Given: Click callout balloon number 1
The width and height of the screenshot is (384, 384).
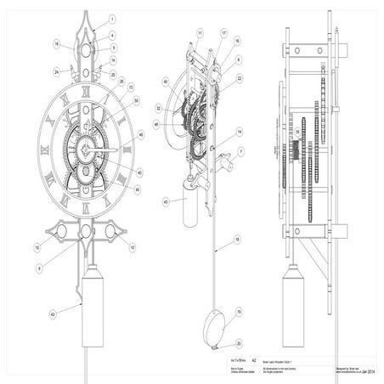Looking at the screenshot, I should (112, 18).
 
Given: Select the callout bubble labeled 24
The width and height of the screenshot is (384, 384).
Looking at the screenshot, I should (55, 71).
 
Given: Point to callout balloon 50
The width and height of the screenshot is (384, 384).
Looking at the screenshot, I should (137, 101).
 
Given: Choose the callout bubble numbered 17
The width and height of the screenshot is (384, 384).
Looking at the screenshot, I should (223, 33).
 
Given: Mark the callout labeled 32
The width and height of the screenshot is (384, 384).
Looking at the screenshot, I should (159, 109).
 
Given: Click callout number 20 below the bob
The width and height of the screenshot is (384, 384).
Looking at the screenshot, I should (239, 343).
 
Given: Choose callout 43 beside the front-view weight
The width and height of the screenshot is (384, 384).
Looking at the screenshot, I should (53, 316).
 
